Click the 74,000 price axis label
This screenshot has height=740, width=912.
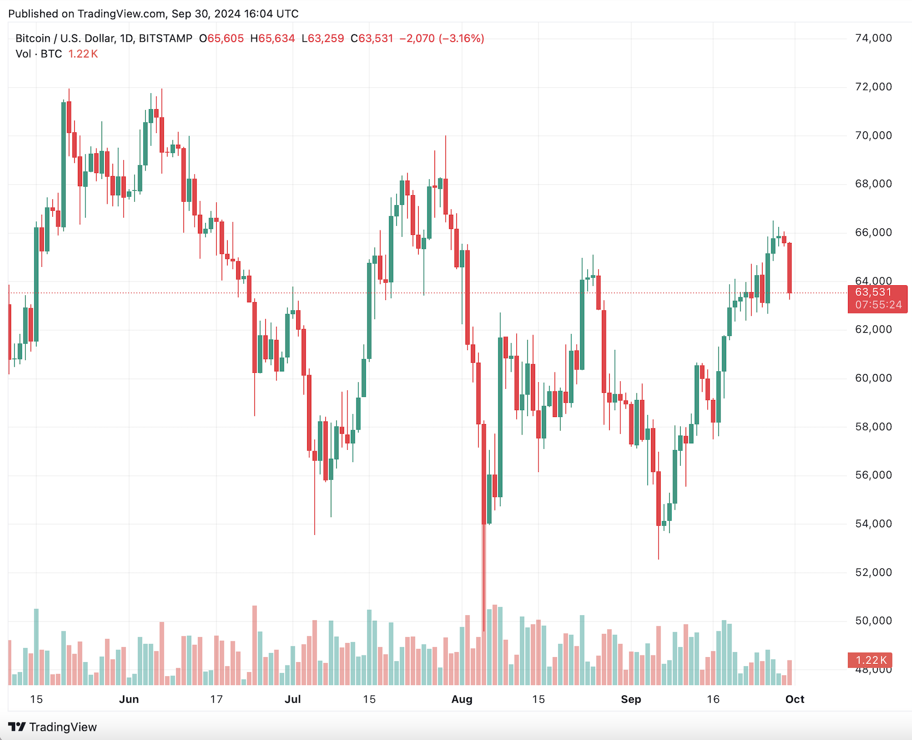coord(873,38)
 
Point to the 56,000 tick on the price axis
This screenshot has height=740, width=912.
coord(873,475)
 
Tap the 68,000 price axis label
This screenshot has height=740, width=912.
coord(873,184)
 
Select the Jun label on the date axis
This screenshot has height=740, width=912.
coord(129,699)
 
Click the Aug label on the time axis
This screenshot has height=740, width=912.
coord(462,699)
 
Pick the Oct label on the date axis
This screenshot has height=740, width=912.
coord(794,699)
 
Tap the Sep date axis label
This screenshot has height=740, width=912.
coord(630,699)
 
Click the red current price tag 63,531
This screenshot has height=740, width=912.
coord(873,292)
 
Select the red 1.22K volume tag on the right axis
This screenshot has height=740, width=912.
coord(871,660)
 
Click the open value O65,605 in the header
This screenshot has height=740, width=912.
coord(221,38)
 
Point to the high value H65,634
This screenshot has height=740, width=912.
coord(272,38)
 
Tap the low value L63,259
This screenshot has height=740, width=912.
coord(323,38)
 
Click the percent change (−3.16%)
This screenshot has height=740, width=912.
coord(462,38)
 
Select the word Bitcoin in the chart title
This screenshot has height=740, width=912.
coord(33,38)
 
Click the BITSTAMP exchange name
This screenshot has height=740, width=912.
coord(165,38)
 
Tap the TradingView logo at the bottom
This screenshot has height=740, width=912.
coord(53,727)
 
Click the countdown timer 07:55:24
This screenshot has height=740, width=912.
coord(878,305)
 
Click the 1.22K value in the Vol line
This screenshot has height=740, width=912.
coord(83,54)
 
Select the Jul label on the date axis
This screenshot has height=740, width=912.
coord(293,699)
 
